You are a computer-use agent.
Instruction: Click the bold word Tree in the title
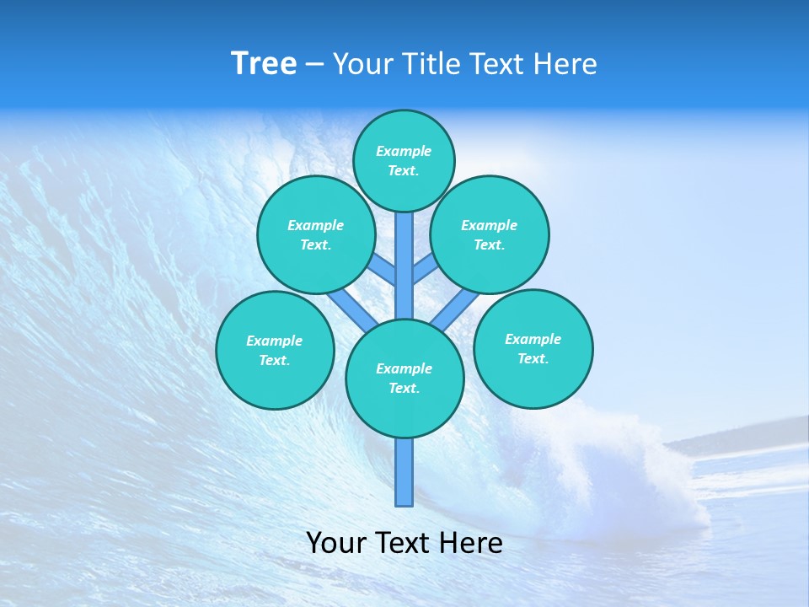264,64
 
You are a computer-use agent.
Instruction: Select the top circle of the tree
404,160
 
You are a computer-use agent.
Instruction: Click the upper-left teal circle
315,234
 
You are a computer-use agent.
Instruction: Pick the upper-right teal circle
490,234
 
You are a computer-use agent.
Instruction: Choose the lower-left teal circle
275,350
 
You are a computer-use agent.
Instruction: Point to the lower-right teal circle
533,348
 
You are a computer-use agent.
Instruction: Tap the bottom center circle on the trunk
404,379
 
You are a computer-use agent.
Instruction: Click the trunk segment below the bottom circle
404,472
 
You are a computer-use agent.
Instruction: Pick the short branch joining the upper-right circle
424,270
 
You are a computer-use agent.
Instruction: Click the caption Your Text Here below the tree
404,543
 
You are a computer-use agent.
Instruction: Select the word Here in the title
564,64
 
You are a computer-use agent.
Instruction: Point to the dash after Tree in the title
314,65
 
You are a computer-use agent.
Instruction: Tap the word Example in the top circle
404,151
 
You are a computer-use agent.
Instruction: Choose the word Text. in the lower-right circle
533,358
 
